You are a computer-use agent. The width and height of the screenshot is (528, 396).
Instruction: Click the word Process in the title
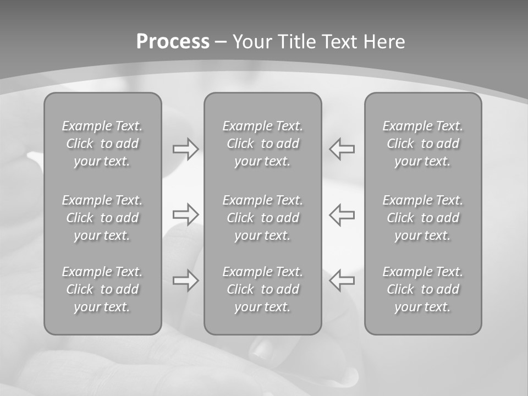click(173, 42)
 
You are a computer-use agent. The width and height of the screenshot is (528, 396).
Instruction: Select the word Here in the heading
click(383, 42)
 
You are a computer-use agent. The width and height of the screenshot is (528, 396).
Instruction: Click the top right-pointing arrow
click(186, 149)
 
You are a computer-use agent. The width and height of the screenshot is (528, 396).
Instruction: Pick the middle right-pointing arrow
click(186, 214)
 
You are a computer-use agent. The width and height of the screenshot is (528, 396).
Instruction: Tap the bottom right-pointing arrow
click(186, 280)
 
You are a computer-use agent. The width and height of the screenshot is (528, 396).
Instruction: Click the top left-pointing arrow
click(342, 149)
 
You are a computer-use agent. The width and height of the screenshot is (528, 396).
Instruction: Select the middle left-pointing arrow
click(342, 214)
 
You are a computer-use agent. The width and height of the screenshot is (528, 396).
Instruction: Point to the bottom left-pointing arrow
click(342, 280)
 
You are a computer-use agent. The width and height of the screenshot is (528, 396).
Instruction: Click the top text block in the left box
click(102, 144)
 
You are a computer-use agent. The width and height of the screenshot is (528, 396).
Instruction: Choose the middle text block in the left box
click(102, 218)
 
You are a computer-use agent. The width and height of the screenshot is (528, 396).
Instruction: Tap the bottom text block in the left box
click(102, 289)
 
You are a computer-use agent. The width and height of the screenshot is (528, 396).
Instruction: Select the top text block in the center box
click(263, 144)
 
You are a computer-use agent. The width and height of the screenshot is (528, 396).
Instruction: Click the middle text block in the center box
click(263, 218)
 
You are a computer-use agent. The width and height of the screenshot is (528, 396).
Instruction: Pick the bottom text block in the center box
click(263, 289)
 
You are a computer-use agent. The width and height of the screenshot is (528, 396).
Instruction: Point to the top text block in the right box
click(423, 144)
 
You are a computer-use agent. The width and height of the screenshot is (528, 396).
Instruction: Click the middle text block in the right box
click(423, 218)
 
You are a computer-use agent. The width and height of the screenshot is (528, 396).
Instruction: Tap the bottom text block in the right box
click(423, 289)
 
